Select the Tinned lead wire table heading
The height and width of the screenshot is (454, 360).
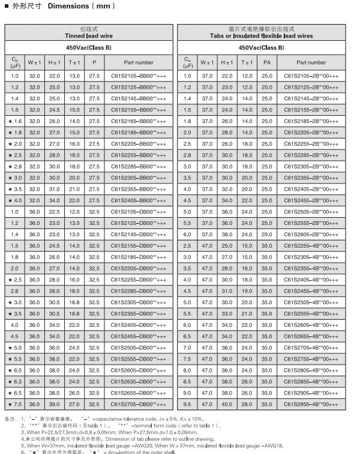pos(89,36)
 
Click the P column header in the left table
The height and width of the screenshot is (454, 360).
pos(94,62)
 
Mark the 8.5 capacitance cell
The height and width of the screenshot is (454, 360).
pos(187,381)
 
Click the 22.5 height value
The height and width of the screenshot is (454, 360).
pos(55,212)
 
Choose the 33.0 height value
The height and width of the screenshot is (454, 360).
pos(227,314)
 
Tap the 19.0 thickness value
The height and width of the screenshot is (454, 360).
pos(247,291)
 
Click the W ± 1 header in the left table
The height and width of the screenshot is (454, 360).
pos(35,62)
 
